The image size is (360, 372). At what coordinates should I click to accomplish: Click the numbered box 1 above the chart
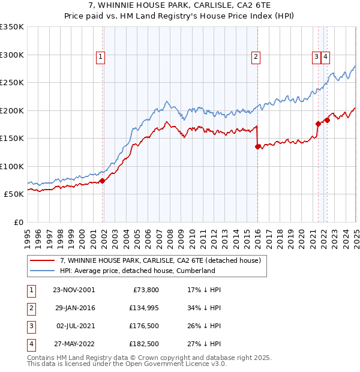point(100,57)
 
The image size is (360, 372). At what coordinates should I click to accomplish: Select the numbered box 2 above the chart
point(256,57)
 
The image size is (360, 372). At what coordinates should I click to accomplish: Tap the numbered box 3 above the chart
point(316,57)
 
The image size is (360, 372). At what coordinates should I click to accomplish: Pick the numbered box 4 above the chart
point(325,57)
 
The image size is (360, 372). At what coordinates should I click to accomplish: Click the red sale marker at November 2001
point(103,181)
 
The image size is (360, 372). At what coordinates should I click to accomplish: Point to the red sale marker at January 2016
point(257,146)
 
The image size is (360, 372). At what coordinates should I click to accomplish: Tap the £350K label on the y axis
point(12,27)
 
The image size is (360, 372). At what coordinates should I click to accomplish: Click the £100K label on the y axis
point(12,166)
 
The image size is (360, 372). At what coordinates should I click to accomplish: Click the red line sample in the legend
point(42,261)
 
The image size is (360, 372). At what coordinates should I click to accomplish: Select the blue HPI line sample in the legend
point(42,271)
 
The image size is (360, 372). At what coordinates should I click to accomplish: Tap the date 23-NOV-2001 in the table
point(74,289)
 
